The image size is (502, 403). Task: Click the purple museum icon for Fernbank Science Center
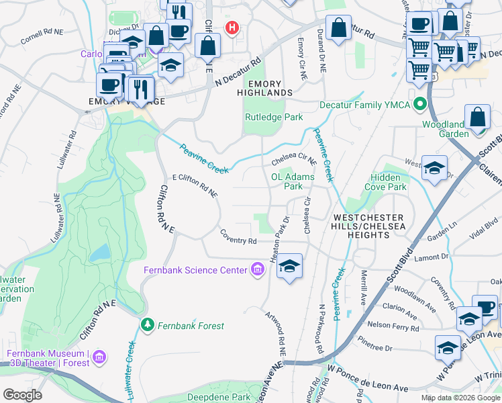pos(256,270)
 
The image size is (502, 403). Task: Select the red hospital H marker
pos(232,28)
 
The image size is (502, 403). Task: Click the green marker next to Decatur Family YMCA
pos(421,104)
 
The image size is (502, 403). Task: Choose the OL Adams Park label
pos(292,181)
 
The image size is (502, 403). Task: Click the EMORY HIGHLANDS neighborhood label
pos(270,88)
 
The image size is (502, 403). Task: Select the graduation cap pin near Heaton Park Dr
pos(289,266)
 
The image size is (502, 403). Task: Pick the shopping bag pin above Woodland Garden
pos(477,117)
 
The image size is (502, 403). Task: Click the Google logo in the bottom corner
pos(21,395)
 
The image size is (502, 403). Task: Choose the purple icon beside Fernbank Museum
pos(99,355)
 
